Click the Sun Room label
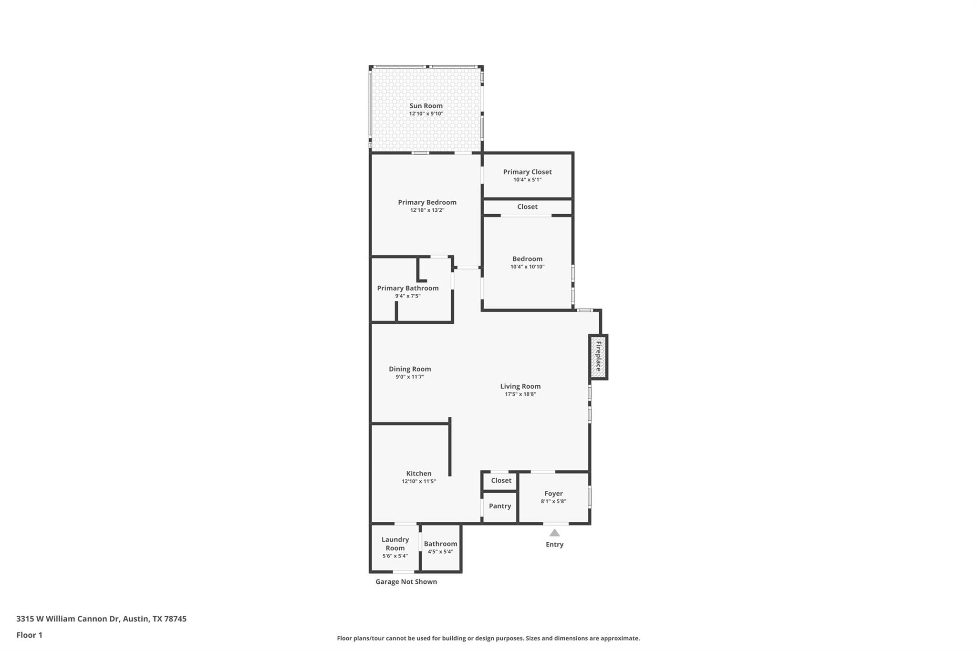pyautogui.click(x=426, y=106)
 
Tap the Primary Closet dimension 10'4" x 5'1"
pyautogui.click(x=527, y=180)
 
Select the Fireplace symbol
pyautogui.click(x=598, y=357)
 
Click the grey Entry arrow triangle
pyautogui.click(x=554, y=533)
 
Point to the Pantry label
pyautogui.click(x=500, y=506)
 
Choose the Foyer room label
pyautogui.click(x=553, y=494)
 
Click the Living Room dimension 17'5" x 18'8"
pyautogui.click(x=520, y=394)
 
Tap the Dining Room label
pyautogui.click(x=410, y=369)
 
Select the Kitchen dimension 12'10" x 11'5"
pyautogui.click(x=419, y=481)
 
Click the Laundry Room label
pyautogui.click(x=395, y=544)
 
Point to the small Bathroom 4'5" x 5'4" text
pyautogui.click(x=440, y=552)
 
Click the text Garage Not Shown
pyautogui.click(x=406, y=582)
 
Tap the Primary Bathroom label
pyautogui.click(x=408, y=288)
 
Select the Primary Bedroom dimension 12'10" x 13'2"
pyautogui.click(x=427, y=210)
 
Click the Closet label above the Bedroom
pyautogui.click(x=527, y=207)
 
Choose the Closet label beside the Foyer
pyautogui.click(x=501, y=480)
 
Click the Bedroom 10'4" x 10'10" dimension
pyautogui.click(x=527, y=267)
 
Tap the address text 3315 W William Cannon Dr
pyautogui.click(x=67, y=619)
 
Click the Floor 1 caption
pyautogui.click(x=29, y=635)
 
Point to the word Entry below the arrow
pyautogui.click(x=554, y=544)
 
